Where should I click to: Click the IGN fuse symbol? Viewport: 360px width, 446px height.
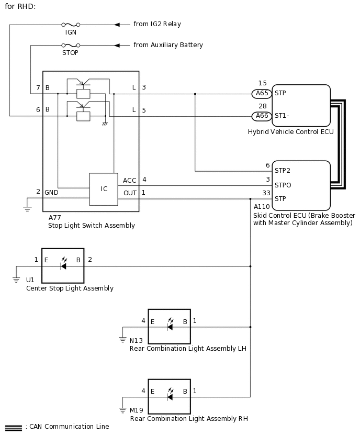pyautogui.click(x=71, y=25)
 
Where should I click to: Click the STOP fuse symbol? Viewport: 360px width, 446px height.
pyautogui.click(x=71, y=46)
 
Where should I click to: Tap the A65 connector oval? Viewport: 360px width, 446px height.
pyautogui.click(x=262, y=94)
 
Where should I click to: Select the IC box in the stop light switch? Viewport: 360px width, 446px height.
pyautogui.click(x=104, y=189)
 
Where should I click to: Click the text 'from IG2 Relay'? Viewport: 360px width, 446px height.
pyautogui.click(x=157, y=24)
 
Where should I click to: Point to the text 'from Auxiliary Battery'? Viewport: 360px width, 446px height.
pyautogui.click(x=168, y=45)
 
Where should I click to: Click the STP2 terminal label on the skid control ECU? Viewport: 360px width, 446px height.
pyautogui.click(x=282, y=171)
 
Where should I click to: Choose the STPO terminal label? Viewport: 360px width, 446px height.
pyautogui.click(x=283, y=185)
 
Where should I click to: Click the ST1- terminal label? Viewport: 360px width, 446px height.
pyautogui.click(x=282, y=116)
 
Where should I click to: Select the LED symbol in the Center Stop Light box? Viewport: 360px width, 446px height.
pyautogui.click(x=63, y=265)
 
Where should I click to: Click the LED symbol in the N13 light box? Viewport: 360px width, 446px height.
pyautogui.click(x=169, y=326)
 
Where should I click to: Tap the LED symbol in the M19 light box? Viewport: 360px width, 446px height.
pyautogui.click(x=169, y=396)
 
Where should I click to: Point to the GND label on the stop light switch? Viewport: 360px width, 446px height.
pyautogui.click(x=51, y=192)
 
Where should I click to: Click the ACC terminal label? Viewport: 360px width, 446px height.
pyautogui.click(x=129, y=181)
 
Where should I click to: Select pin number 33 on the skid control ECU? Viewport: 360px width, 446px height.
pyautogui.click(x=266, y=193)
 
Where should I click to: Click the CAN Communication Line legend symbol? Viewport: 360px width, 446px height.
pyautogui.click(x=13, y=428)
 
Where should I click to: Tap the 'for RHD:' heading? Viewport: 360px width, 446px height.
pyautogui.click(x=20, y=6)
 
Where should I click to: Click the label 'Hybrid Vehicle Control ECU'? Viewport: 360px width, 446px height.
pyautogui.click(x=290, y=132)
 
